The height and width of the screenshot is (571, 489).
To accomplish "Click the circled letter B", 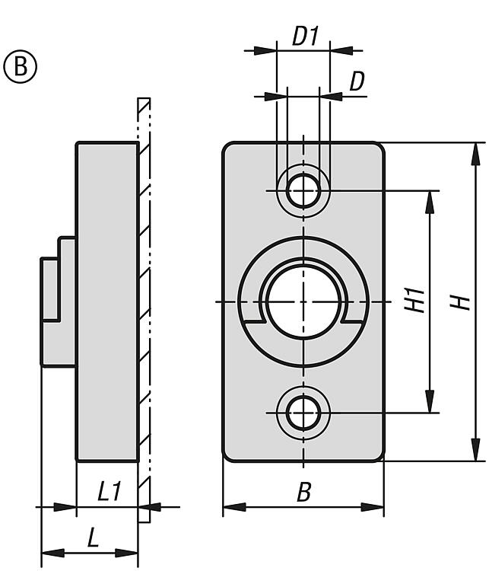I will pyautogui.click(x=21, y=66).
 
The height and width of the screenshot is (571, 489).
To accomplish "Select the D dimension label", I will pyautogui.click(x=356, y=81).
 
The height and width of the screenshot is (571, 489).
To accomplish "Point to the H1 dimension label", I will pyautogui.click(x=414, y=301).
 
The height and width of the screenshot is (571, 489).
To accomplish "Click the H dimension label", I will pyautogui.click(x=459, y=301).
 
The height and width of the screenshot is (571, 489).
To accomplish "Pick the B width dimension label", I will pyautogui.click(x=303, y=493).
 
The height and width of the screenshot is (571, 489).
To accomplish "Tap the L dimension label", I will pyautogui.click(x=92, y=538).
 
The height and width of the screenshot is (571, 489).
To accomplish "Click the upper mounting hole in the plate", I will pyautogui.click(x=303, y=190).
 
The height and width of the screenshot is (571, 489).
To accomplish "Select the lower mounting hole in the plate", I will pyautogui.click(x=303, y=413).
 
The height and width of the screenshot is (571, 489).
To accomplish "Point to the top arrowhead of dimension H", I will pyautogui.click(x=476, y=153).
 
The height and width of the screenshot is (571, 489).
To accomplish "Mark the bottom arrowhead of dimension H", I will pyautogui.click(x=476, y=450).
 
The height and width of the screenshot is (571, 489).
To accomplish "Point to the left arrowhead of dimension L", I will pyautogui.click(x=50, y=552).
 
